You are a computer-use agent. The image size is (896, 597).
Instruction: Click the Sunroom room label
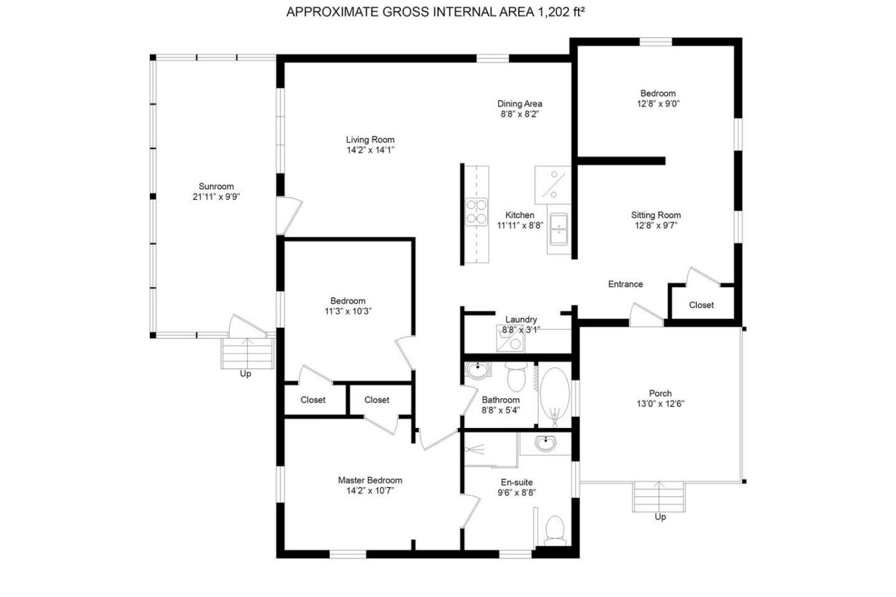tap(216, 186)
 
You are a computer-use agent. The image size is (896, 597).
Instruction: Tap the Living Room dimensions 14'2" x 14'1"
tap(370, 151)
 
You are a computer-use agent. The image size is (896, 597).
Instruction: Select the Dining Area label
tap(520, 103)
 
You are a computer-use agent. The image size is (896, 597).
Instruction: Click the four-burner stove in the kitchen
tap(477, 212)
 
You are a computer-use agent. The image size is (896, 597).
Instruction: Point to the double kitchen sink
tap(559, 229)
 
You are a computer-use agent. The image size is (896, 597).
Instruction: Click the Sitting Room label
tap(656, 215)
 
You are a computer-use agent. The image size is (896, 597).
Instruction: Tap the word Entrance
tap(626, 285)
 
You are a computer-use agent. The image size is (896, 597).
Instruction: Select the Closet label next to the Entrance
tap(701, 305)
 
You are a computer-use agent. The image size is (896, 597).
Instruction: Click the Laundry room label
tap(521, 320)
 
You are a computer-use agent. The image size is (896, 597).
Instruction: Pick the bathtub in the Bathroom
tap(554, 394)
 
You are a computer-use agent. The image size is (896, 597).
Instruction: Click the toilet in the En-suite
tap(555, 530)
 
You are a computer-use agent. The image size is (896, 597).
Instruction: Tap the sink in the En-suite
tap(546, 444)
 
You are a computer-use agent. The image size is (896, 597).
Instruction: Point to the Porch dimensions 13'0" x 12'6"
tap(660, 404)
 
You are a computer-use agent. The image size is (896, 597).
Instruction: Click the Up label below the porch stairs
tap(660, 517)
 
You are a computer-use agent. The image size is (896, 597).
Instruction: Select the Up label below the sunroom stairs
tap(245, 374)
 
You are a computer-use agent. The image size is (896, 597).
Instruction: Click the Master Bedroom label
tap(370, 480)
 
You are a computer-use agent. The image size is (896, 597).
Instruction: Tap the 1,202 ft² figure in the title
tap(561, 13)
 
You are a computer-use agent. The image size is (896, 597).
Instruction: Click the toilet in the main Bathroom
tap(516, 376)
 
